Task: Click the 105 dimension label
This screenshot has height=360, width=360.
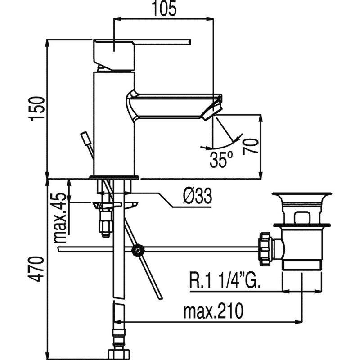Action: pos(162,9)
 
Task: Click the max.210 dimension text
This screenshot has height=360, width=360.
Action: pos(213,310)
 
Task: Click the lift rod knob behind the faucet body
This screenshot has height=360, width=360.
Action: pos(84,136)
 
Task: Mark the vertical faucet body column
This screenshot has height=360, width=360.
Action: pos(114,121)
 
